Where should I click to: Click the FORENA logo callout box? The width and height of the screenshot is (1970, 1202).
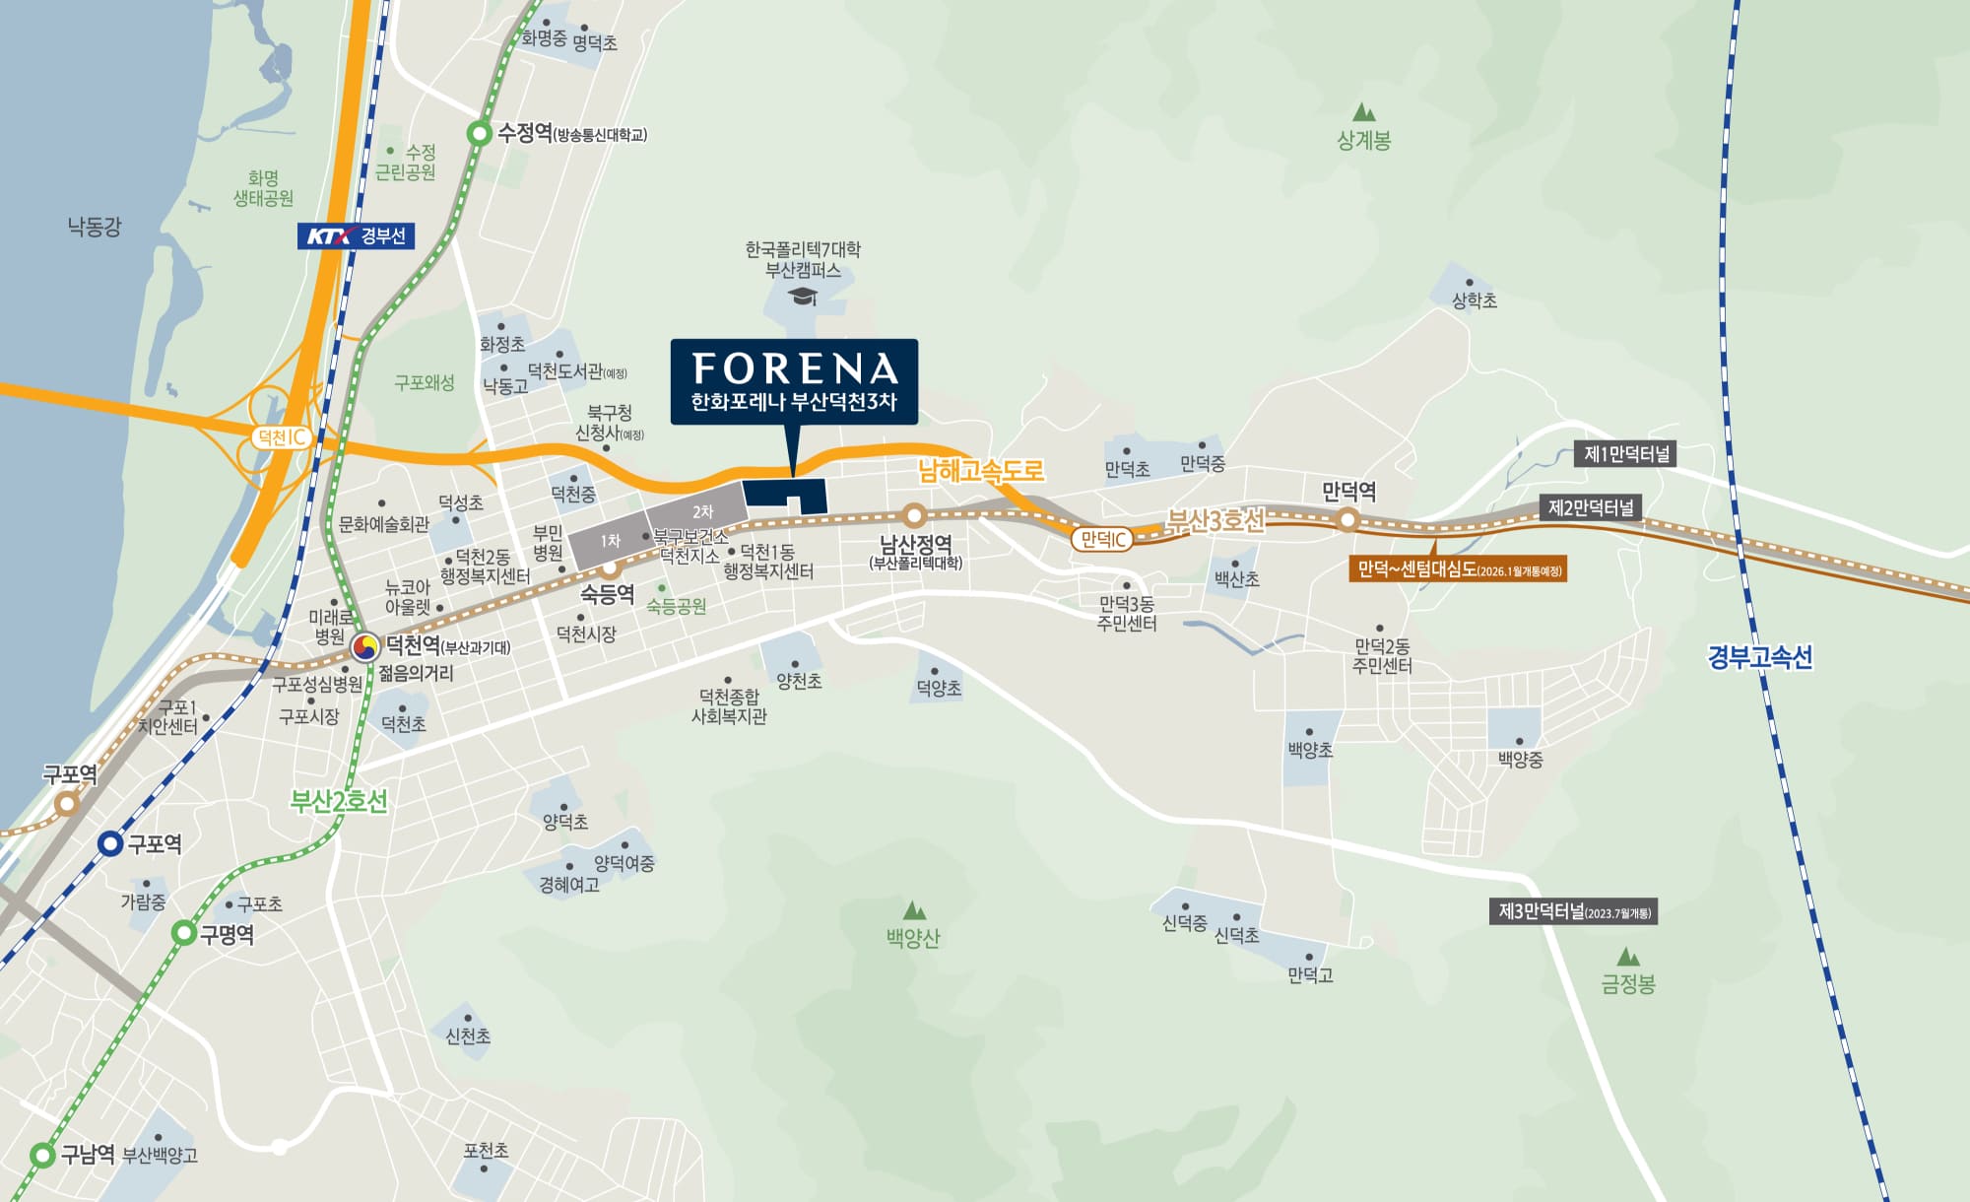[x=794, y=381]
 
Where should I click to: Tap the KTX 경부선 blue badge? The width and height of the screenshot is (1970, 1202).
[x=356, y=235]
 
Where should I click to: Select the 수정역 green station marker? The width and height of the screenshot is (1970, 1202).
[x=479, y=133]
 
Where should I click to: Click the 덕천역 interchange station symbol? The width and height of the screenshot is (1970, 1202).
[x=365, y=647]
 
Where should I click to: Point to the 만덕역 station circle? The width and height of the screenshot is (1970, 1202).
[x=1347, y=519]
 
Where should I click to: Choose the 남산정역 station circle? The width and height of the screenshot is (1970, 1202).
[x=914, y=514]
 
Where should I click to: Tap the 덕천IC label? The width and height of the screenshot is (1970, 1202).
[x=282, y=437]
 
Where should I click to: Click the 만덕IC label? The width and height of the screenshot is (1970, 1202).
[x=1102, y=539]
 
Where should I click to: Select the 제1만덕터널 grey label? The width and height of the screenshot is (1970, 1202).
[x=1627, y=454]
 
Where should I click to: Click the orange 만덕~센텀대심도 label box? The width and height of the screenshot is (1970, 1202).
[x=1458, y=569]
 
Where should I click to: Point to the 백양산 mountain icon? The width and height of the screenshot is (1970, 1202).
[x=914, y=909]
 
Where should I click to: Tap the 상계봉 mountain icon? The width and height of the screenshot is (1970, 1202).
[x=1364, y=112]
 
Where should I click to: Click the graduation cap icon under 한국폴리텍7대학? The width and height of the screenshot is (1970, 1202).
[x=804, y=296]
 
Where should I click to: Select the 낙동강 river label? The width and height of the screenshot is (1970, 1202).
[x=95, y=228]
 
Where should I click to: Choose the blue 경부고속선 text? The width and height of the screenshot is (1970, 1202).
[x=1760, y=657]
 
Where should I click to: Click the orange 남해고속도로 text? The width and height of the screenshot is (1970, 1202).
[x=980, y=471]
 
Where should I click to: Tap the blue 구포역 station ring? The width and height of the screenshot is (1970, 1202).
[x=111, y=843]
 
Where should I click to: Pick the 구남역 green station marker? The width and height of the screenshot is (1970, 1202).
[x=42, y=1155]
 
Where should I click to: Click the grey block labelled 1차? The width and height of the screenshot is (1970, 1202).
[x=611, y=542]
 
